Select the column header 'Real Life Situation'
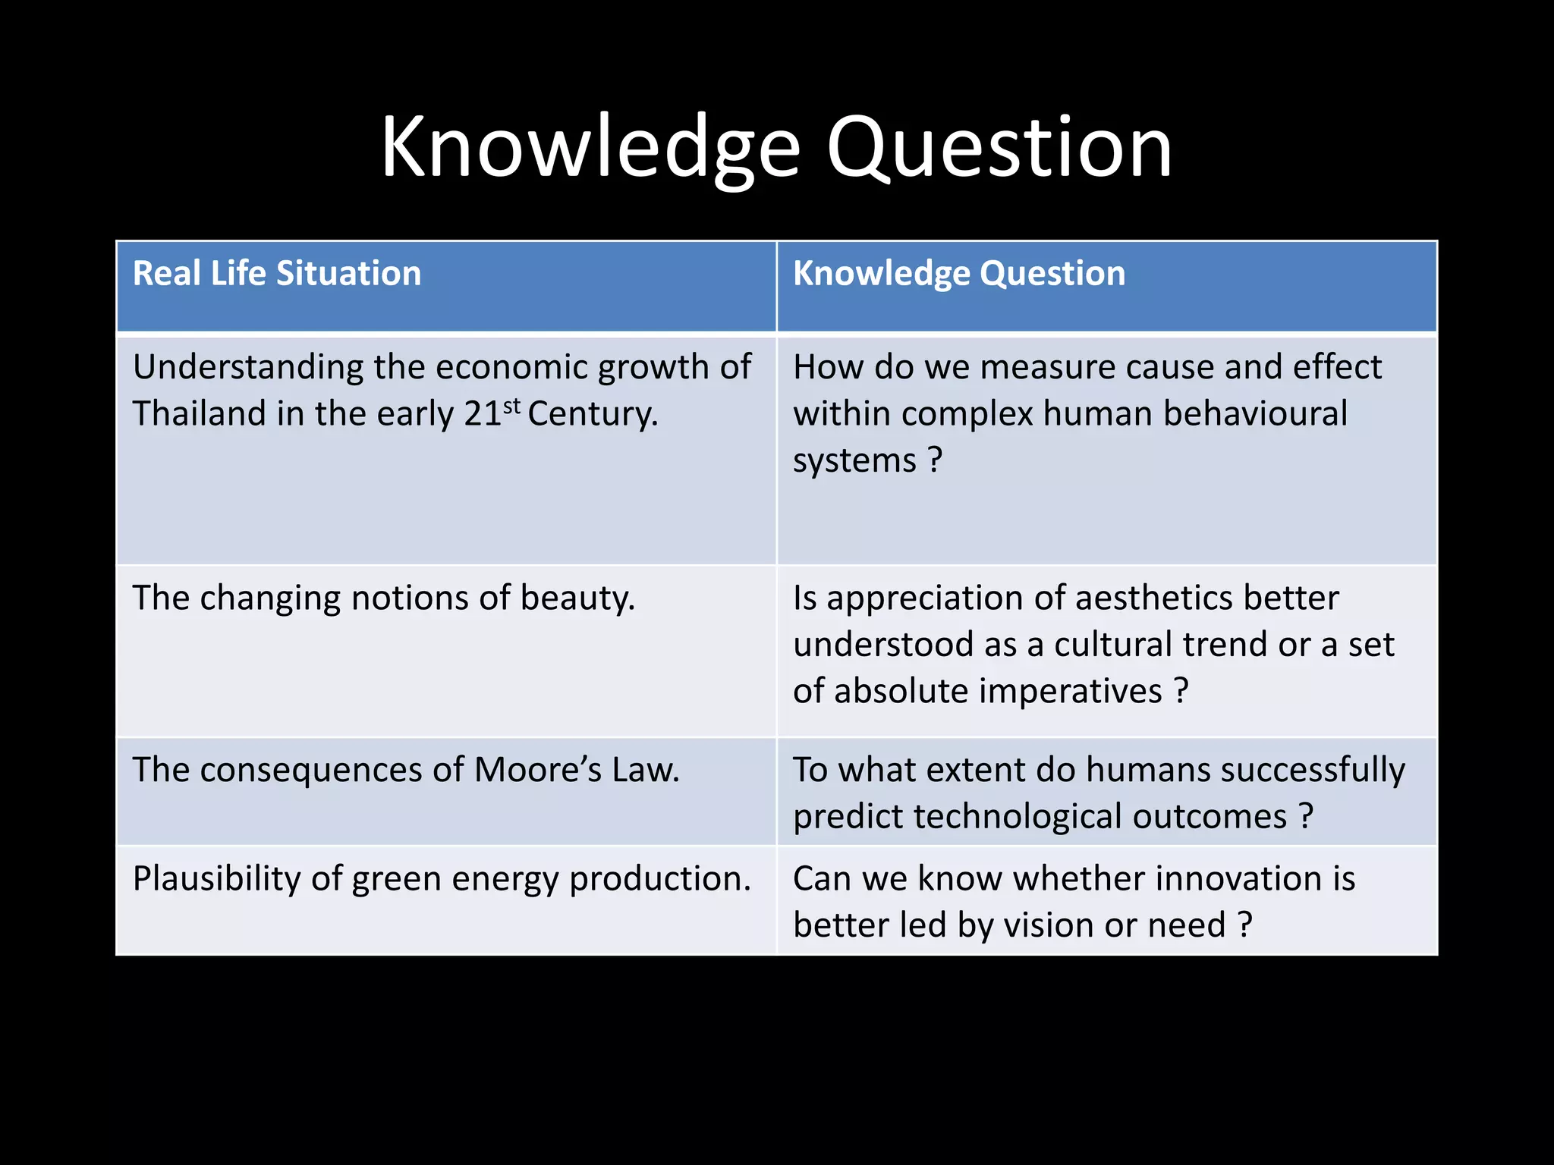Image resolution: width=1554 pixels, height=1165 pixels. click(277, 274)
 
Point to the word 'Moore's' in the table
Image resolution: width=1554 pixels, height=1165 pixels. click(538, 770)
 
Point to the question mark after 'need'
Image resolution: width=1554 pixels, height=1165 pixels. click(1244, 925)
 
